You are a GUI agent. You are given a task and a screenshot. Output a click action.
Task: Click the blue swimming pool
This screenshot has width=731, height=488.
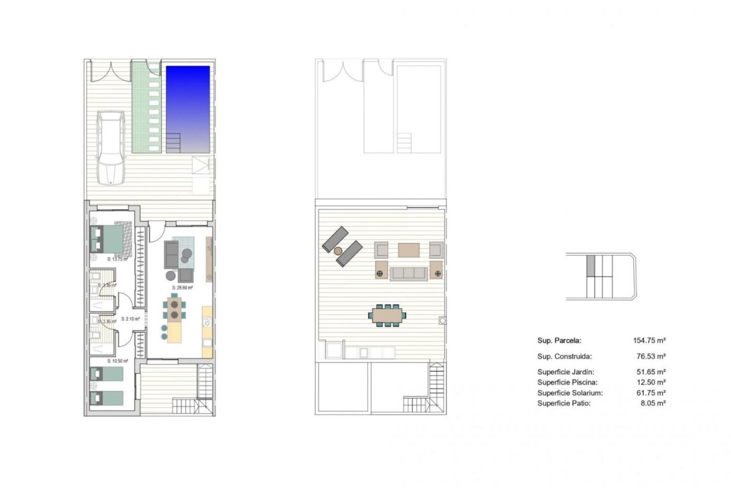188,109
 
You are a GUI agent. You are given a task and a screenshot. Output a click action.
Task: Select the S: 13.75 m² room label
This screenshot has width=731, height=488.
117,259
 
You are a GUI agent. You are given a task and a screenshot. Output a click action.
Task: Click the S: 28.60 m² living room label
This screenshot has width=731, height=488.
182,288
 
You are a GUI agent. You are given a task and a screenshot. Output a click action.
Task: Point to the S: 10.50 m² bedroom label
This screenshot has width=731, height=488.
117,361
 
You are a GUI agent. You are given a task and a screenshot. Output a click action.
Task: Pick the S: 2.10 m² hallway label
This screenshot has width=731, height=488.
130,319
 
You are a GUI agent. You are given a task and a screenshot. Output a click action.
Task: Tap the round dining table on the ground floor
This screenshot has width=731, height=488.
175,309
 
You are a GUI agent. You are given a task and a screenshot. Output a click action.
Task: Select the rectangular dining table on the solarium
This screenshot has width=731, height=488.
387,315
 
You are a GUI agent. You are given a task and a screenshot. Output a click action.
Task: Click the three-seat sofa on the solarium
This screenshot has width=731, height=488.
409,273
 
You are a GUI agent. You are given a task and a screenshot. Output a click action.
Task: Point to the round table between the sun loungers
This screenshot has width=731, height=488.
338,251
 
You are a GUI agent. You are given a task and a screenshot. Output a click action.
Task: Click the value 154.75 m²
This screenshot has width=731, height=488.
649,340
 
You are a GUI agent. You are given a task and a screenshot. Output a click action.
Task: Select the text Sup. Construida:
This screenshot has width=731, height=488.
564,356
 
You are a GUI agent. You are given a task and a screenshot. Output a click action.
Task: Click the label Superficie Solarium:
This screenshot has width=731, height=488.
570,393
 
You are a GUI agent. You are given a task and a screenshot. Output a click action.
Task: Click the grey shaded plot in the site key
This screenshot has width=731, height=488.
591,265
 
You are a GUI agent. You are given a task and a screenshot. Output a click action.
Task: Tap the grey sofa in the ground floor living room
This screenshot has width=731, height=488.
171,254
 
